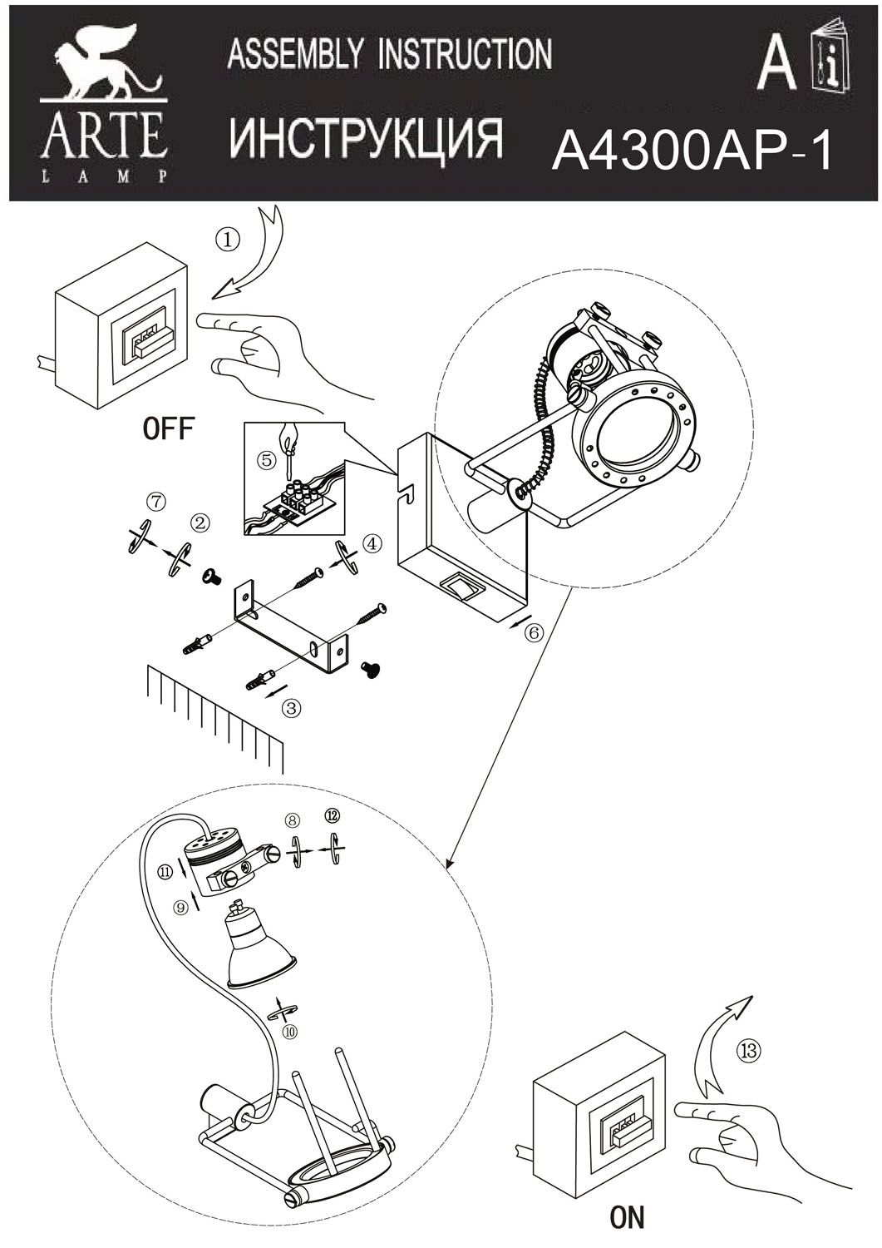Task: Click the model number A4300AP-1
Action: click(692, 151)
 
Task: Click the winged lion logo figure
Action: click(106, 67)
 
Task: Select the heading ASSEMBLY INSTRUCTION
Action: click(390, 54)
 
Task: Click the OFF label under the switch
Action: click(168, 429)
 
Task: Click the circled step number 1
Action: click(229, 240)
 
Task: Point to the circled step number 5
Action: click(268, 460)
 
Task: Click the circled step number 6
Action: click(534, 632)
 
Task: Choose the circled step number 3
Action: click(292, 708)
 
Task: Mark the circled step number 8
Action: click(292, 820)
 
